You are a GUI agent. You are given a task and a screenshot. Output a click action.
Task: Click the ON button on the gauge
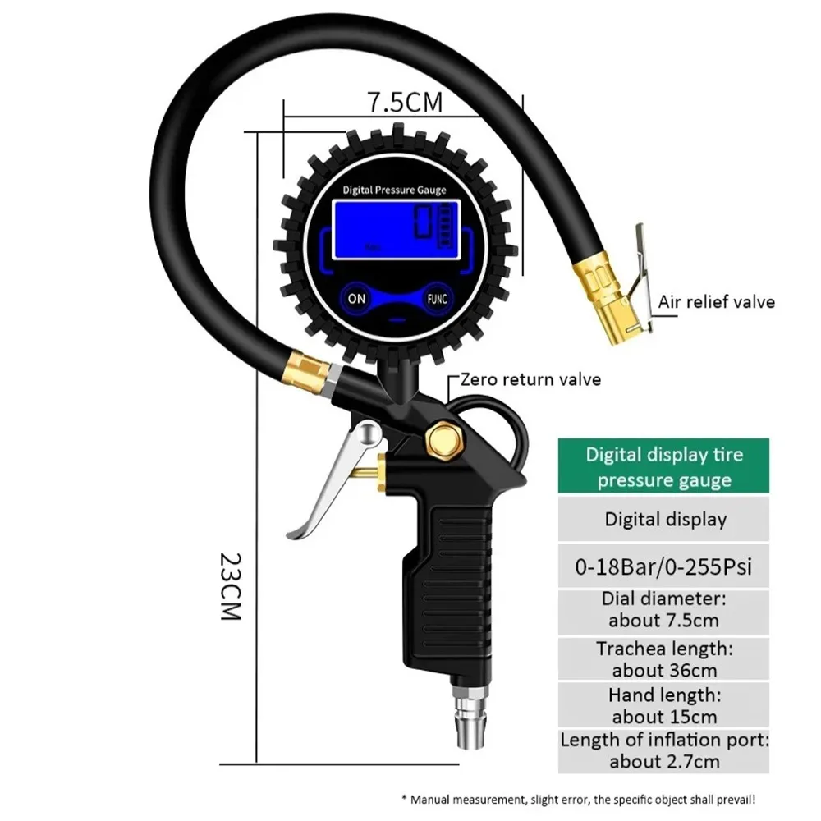[356, 299]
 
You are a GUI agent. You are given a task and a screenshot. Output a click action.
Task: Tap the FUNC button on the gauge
[436, 299]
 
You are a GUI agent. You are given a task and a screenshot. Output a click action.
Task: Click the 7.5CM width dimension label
[404, 103]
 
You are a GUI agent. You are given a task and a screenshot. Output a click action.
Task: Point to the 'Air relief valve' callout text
[716, 302]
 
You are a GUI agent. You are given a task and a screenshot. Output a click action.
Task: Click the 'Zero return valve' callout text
[530, 379]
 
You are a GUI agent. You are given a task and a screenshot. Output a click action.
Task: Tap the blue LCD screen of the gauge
[394, 229]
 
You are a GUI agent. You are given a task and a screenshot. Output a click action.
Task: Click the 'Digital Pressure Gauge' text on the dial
[394, 190]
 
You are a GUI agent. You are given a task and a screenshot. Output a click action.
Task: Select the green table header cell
[663, 468]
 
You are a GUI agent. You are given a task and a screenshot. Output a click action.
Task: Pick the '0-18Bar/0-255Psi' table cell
[663, 566]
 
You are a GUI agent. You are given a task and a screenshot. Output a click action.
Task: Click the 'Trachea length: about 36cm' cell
[663, 659]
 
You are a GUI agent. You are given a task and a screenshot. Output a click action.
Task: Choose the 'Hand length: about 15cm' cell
[663, 706]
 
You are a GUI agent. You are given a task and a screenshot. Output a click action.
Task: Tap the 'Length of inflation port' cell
[663, 750]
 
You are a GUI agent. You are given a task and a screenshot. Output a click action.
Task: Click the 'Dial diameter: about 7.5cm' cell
[663, 612]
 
